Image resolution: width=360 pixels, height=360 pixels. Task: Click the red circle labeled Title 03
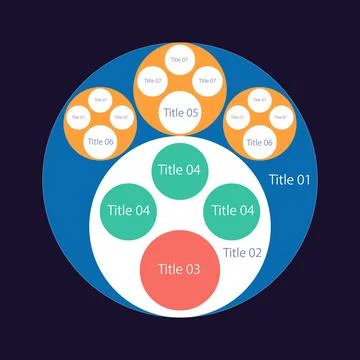[179, 269]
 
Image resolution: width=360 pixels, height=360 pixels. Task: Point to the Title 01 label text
[290, 180]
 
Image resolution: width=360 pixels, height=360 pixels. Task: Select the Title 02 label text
[241, 252]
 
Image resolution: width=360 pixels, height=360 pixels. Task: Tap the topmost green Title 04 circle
[179, 170]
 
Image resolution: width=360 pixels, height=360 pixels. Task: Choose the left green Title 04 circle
[129, 210]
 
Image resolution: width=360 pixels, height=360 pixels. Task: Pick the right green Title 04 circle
[230, 210]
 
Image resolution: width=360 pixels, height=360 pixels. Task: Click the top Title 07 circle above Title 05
[179, 60]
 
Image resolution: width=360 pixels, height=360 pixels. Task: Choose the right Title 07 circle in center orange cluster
[206, 80]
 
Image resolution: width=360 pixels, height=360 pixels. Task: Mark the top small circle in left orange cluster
[100, 99]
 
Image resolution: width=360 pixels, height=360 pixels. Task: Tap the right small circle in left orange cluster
[121, 117]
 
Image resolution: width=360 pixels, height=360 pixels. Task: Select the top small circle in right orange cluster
[258, 99]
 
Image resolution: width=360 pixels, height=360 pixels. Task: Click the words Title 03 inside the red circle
[179, 269]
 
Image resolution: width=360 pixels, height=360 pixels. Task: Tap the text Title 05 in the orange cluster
[179, 113]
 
